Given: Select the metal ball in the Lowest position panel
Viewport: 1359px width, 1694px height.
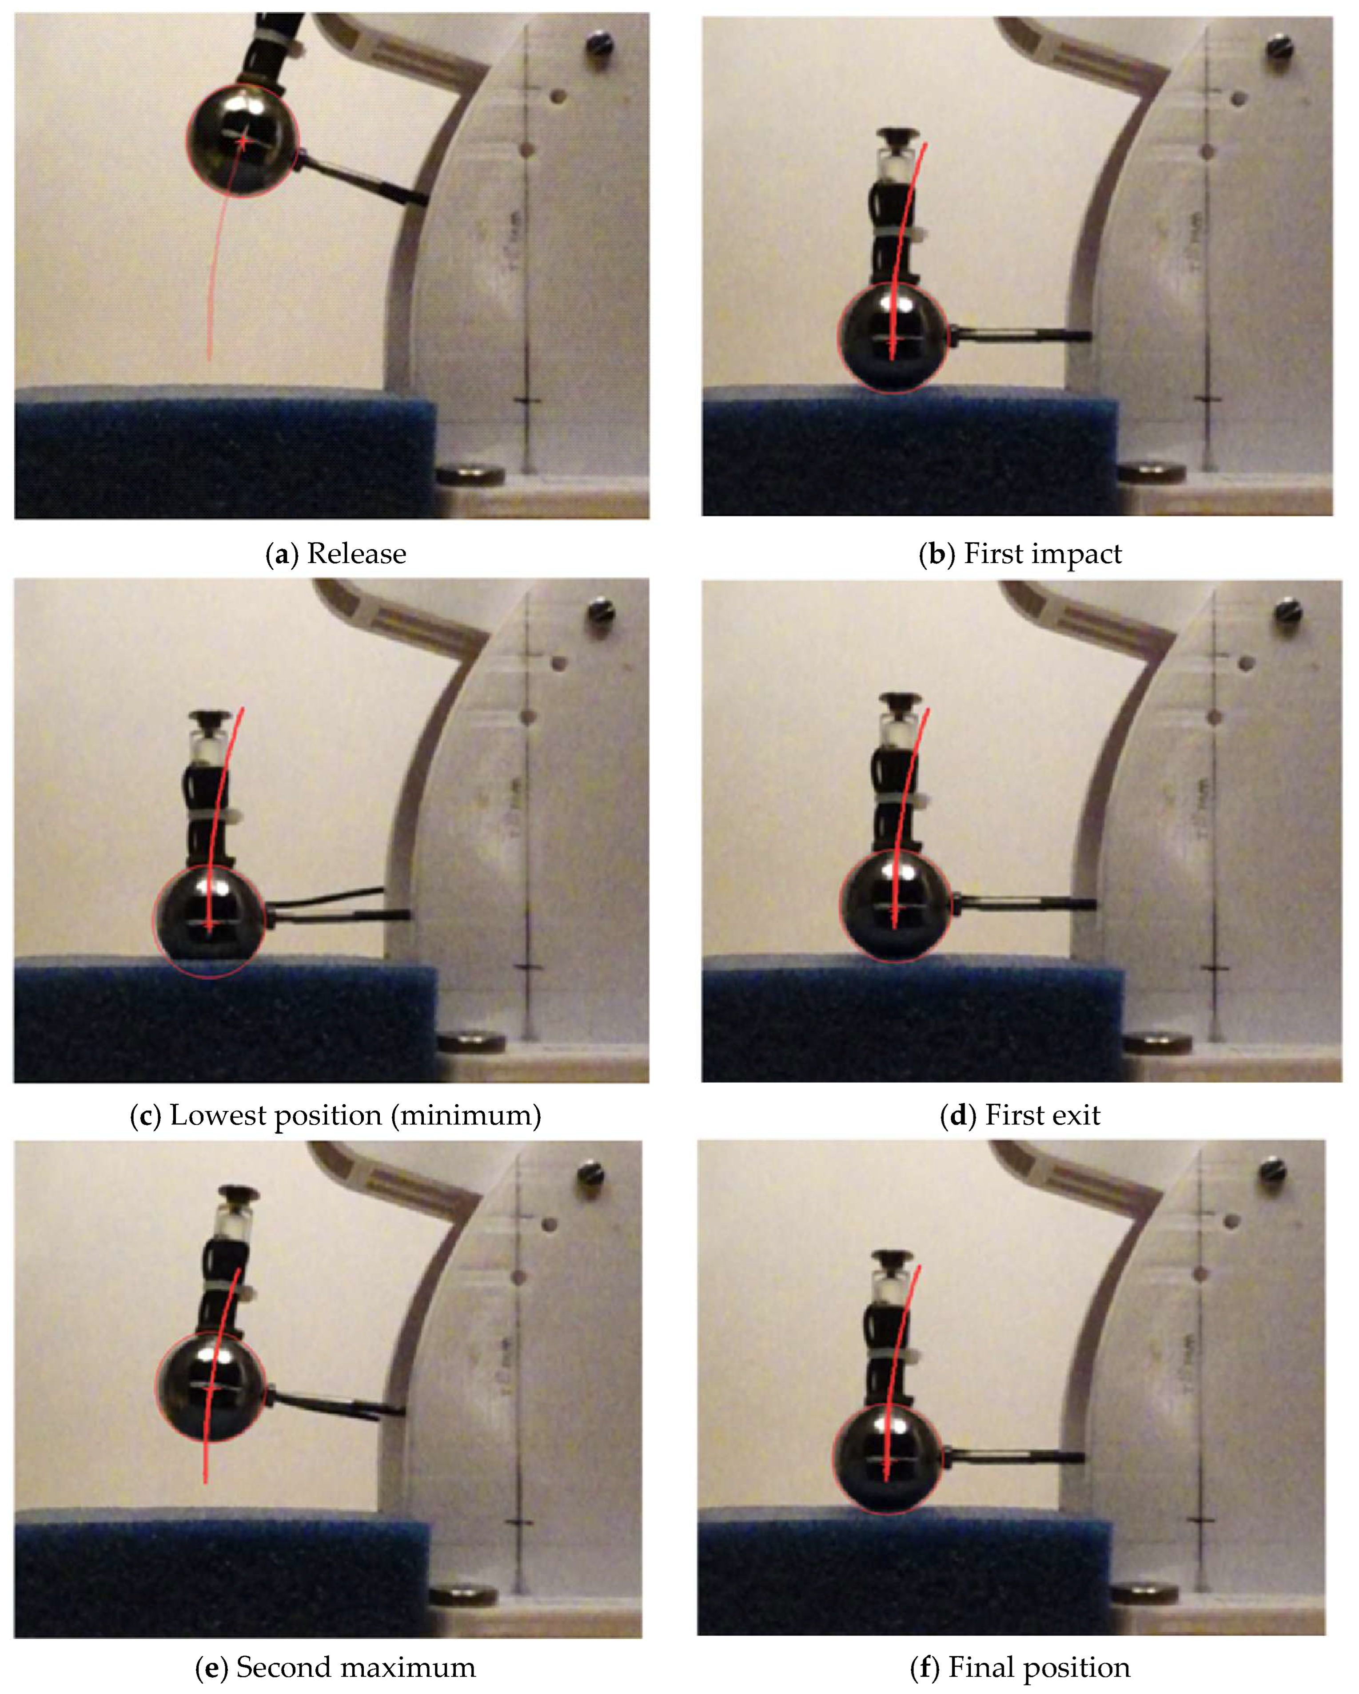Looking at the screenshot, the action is pos(209,922).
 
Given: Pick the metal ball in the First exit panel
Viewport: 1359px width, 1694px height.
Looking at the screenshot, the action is pos(895,906).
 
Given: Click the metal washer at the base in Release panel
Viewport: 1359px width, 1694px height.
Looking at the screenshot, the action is pos(470,476).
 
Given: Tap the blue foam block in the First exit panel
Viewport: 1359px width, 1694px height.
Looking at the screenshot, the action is pos(912,1020).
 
